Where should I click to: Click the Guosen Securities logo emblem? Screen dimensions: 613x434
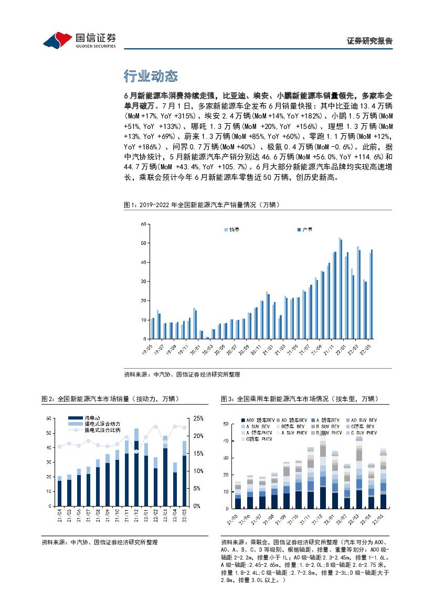(57, 38)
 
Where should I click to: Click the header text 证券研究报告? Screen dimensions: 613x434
(370, 41)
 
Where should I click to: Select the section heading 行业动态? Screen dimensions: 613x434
(151, 77)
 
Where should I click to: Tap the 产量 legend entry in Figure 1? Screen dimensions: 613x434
(305, 230)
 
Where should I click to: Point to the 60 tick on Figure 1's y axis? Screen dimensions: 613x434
(143, 224)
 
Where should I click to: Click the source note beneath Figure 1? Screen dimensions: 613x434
(182, 374)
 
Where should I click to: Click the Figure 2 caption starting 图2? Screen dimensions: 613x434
(110, 399)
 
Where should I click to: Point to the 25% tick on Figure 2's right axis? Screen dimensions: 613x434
(198, 418)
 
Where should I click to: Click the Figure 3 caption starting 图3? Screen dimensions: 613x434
(299, 399)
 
